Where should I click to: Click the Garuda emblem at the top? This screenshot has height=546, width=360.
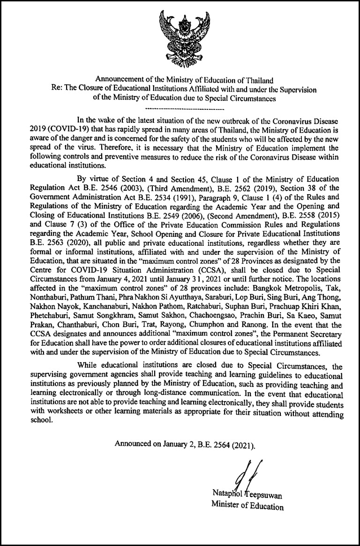click(180, 38)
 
